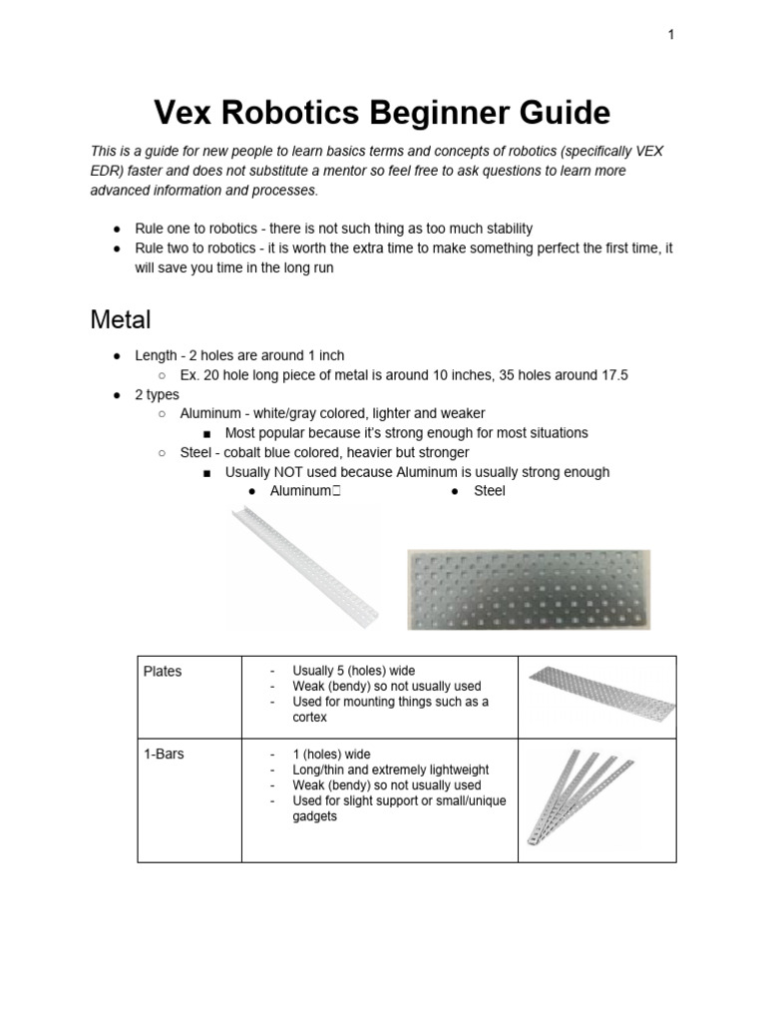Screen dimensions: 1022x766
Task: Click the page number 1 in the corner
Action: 671,35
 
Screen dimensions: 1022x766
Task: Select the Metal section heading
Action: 121,320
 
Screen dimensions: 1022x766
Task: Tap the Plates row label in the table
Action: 163,672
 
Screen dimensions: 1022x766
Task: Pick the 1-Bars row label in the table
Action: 165,755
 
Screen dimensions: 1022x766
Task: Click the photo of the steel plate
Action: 528,589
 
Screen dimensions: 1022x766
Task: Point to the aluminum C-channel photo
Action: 304,566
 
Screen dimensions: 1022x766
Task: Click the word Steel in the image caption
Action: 490,491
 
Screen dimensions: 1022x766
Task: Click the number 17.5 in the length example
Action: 612,375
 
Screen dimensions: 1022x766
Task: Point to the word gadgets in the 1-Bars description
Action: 315,815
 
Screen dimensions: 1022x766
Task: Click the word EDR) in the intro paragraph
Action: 107,170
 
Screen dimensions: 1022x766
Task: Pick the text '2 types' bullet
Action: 157,394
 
